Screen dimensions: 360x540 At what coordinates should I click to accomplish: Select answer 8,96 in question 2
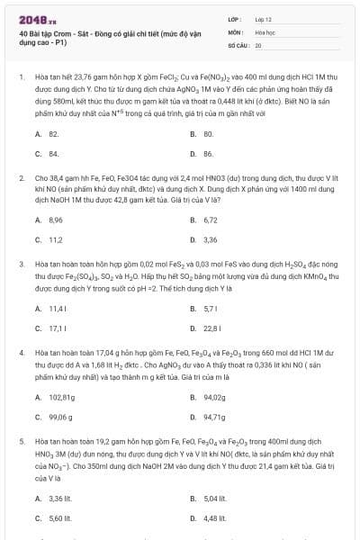[55, 219]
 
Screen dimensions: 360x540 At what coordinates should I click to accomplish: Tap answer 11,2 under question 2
[54, 240]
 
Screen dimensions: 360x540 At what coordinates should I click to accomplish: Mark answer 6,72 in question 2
[210, 219]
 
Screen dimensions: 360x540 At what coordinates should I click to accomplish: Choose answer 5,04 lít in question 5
[212, 498]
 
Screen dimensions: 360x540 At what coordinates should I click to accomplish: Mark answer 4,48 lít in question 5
[212, 519]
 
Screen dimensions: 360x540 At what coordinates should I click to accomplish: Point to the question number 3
[21, 264]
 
